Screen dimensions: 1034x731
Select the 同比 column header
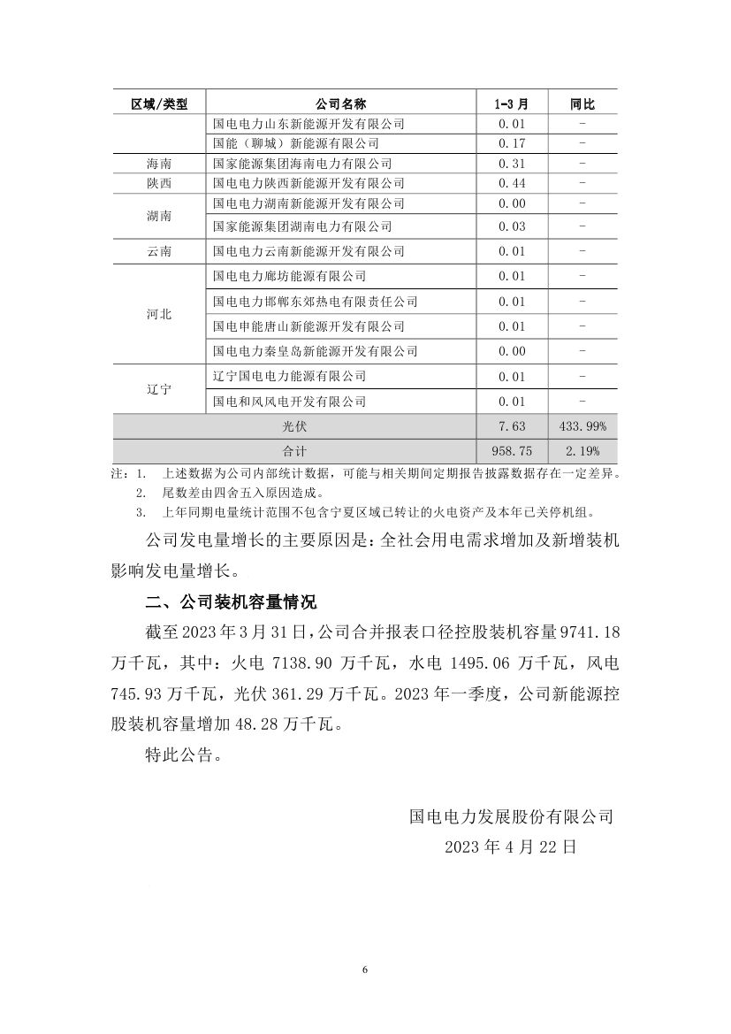(583, 103)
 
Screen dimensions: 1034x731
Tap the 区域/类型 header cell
(159, 103)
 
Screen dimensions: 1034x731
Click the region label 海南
(159, 164)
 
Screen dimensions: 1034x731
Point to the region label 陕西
(159, 183)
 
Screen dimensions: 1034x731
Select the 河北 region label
(159, 314)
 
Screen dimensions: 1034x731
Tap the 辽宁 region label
(159, 389)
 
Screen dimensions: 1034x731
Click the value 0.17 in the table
(512, 142)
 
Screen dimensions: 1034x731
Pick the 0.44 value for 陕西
(512, 183)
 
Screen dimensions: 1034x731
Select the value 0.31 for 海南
(512, 164)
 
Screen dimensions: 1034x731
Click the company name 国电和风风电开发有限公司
(290, 402)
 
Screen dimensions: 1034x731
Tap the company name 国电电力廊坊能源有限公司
(290, 277)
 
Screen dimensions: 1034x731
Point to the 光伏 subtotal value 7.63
(512, 426)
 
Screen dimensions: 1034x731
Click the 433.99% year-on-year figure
(583, 426)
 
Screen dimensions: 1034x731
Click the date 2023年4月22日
(511, 846)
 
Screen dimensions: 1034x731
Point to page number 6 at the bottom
(364, 969)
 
